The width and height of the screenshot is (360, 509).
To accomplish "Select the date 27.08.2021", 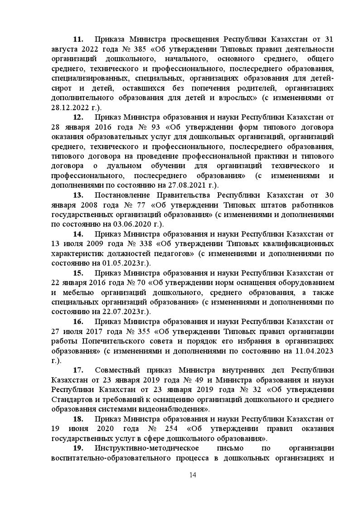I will pyautogui.click(x=181, y=185).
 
